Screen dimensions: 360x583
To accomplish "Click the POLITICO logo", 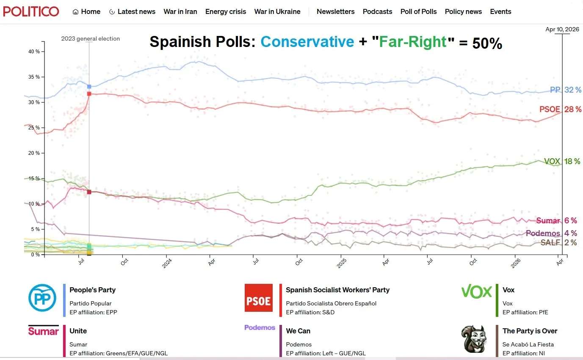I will [31, 11].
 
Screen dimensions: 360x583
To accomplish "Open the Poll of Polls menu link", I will [418, 11].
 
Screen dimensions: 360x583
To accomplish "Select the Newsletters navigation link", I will [335, 11].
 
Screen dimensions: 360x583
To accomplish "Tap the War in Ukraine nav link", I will [277, 11].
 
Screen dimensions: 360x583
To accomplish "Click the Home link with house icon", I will [86, 11].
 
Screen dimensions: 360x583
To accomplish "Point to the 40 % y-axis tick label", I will [34, 52].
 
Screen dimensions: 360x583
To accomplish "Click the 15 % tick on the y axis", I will [34, 179].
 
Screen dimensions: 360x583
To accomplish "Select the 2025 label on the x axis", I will [340, 263].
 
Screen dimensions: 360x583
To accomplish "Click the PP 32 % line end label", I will [566, 90].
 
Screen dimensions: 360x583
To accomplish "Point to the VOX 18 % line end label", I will [562, 161].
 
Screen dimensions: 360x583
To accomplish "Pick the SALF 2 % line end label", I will [558, 242].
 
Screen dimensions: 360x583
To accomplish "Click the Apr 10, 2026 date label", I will [562, 29].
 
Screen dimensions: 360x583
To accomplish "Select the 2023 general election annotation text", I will [90, 38].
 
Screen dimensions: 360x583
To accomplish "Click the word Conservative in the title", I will [307, 41].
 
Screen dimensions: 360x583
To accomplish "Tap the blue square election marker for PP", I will [89, 87].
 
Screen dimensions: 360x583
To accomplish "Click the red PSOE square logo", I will [259, 298].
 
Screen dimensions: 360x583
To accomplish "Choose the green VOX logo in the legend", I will [476, 291].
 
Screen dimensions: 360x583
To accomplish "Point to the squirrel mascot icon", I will [473, 339].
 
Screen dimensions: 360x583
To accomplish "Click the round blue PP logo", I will [42, 298].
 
